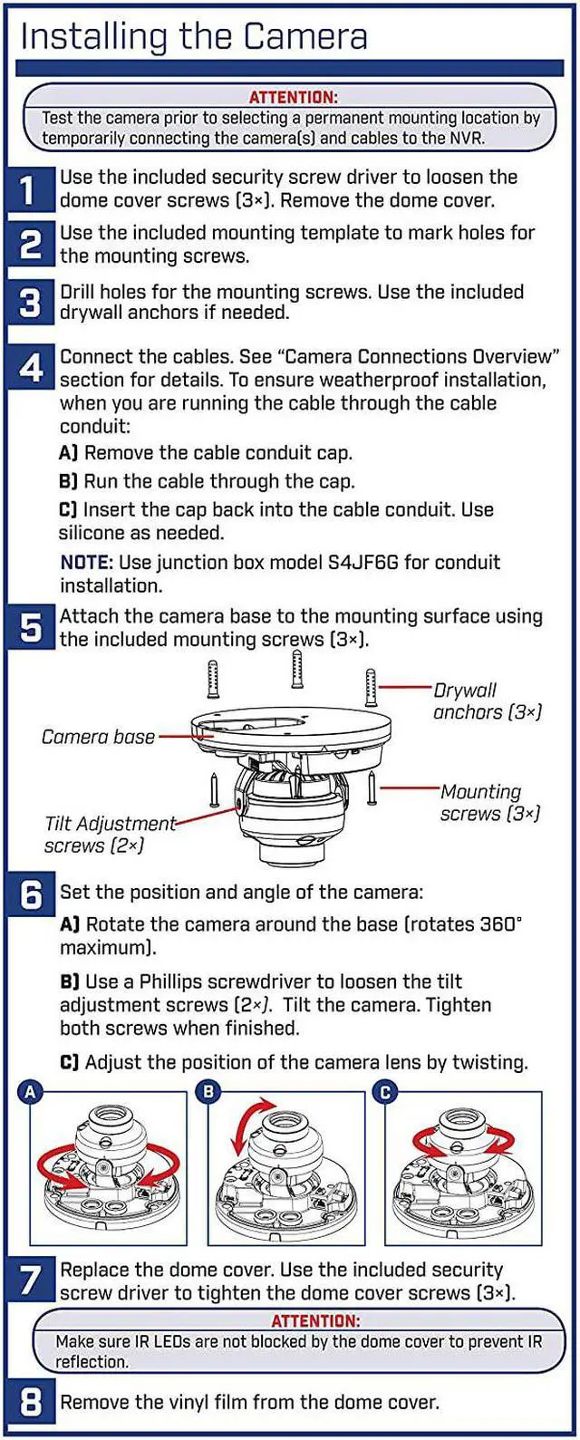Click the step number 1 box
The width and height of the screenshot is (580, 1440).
tap(30, 189)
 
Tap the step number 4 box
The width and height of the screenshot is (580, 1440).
tap(30, 368)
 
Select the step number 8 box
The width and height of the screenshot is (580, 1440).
tap(30, 1402)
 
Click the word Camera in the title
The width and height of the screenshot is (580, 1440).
tap(305, 36)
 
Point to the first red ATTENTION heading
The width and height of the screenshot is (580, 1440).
tap(293, 98)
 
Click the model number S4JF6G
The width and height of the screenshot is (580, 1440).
tap(363, 563)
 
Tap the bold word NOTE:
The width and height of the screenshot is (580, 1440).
tap(87, 563)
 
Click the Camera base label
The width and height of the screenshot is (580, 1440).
tap(99, 737)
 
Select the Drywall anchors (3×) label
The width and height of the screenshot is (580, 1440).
tap(488, 701)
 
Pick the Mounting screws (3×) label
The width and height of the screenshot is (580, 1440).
tap(490, 802)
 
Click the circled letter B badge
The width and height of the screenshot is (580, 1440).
tap(208, 1092)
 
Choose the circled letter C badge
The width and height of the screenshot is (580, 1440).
tap(385, 1092)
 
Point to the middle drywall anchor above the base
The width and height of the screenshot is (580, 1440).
tap(296, 669)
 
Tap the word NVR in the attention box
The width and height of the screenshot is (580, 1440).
tap(469, 139)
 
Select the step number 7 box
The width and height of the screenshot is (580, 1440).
tap(30, 1280)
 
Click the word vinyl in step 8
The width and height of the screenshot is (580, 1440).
tap(183, 1402)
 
